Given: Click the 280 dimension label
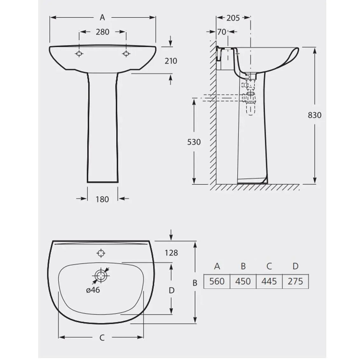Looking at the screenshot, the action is pyautogui.click(x=102, y=32).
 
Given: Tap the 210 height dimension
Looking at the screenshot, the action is pyautogui.click(x=171, y=61).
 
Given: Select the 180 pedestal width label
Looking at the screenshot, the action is pyautogui.click(x=102, y=199).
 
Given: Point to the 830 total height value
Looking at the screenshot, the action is pyautogui.click(x=315, y=115).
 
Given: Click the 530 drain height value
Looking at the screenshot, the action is pyautogui.click(x=194, y=142).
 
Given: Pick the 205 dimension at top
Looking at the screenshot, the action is pyautogui.click(x=233, y=18).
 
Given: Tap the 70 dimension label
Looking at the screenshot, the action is pyautogui.click(x=222, y=32).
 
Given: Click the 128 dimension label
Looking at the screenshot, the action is pyautogui.click(x=171, y=253).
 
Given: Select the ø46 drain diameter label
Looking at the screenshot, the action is pyautogui.click(x=93, y=290).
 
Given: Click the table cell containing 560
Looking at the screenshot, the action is pyautogui.click(x=217, y=281).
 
